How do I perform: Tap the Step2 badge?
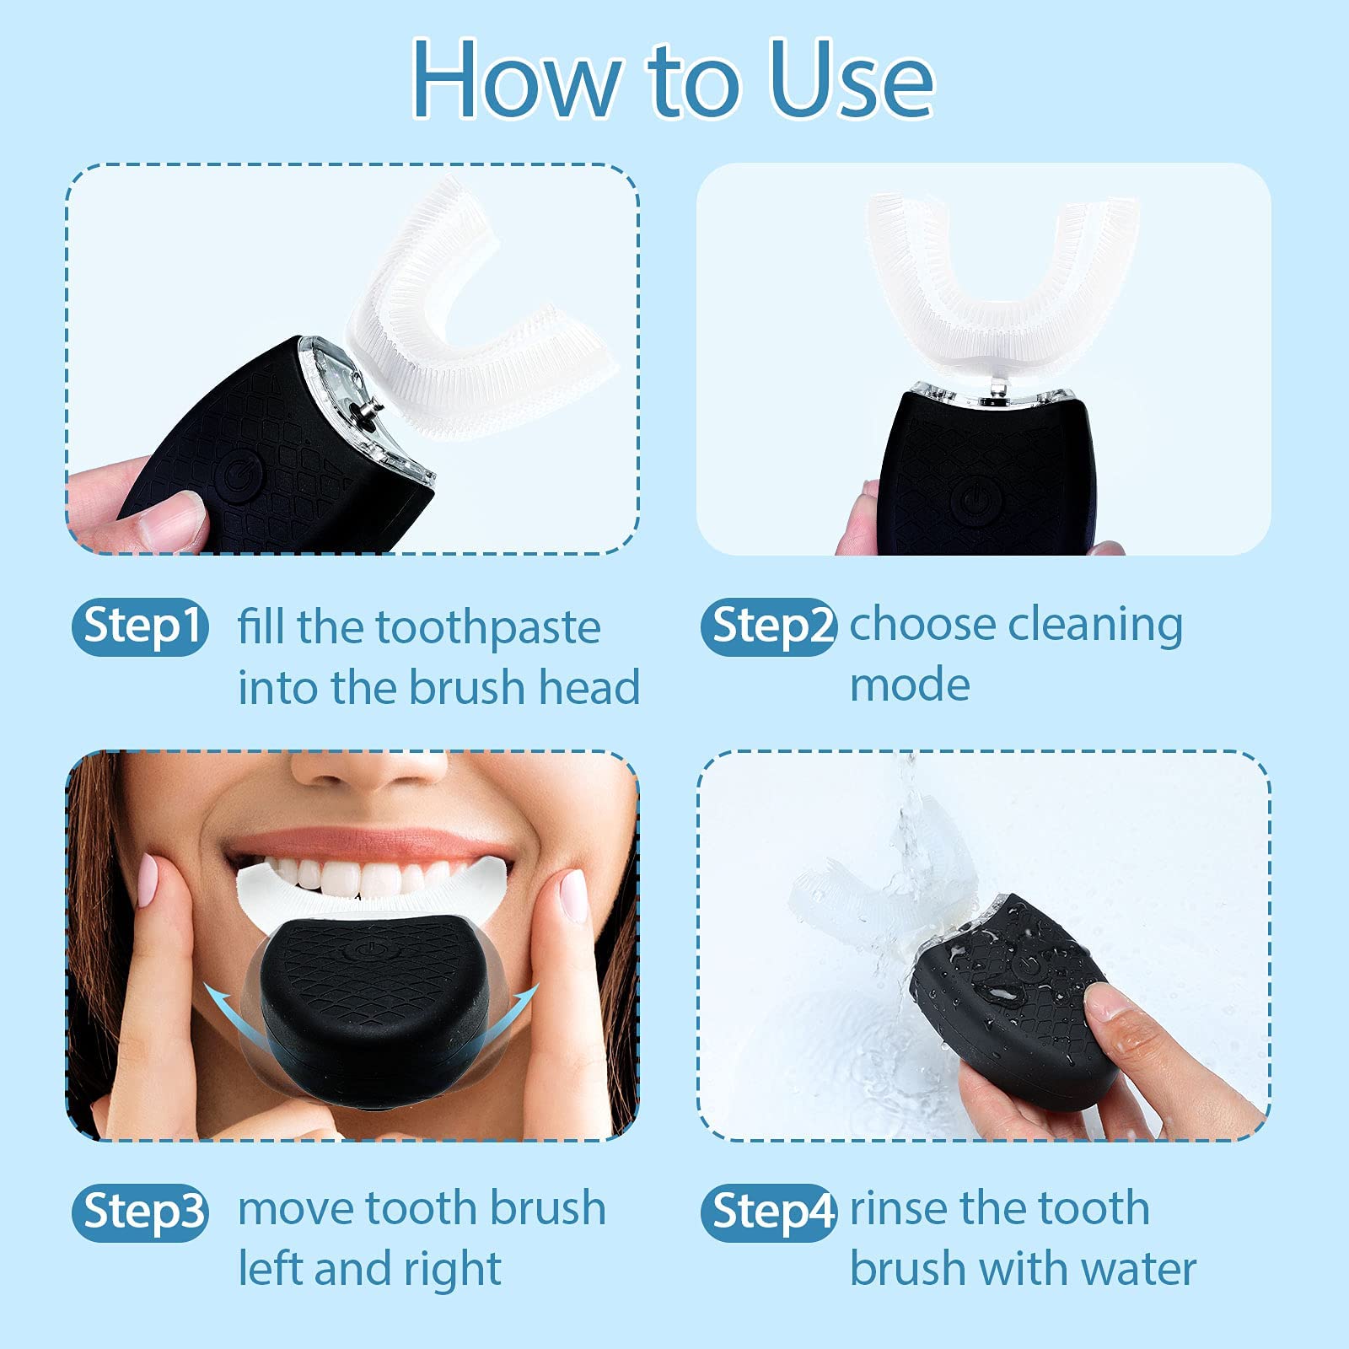pyautogui.click(x=769, y=626)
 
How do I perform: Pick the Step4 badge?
pyautogui.click(x=769, y=1212)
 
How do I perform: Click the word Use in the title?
pyautogui.click(x=852, y=80)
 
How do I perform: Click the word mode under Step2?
pyautogui.click(x=909, y=685)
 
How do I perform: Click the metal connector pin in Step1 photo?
pyautogui.click(x=368, y=408)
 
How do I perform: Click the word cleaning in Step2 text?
pyautogui.click(x=1095, y=626)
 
